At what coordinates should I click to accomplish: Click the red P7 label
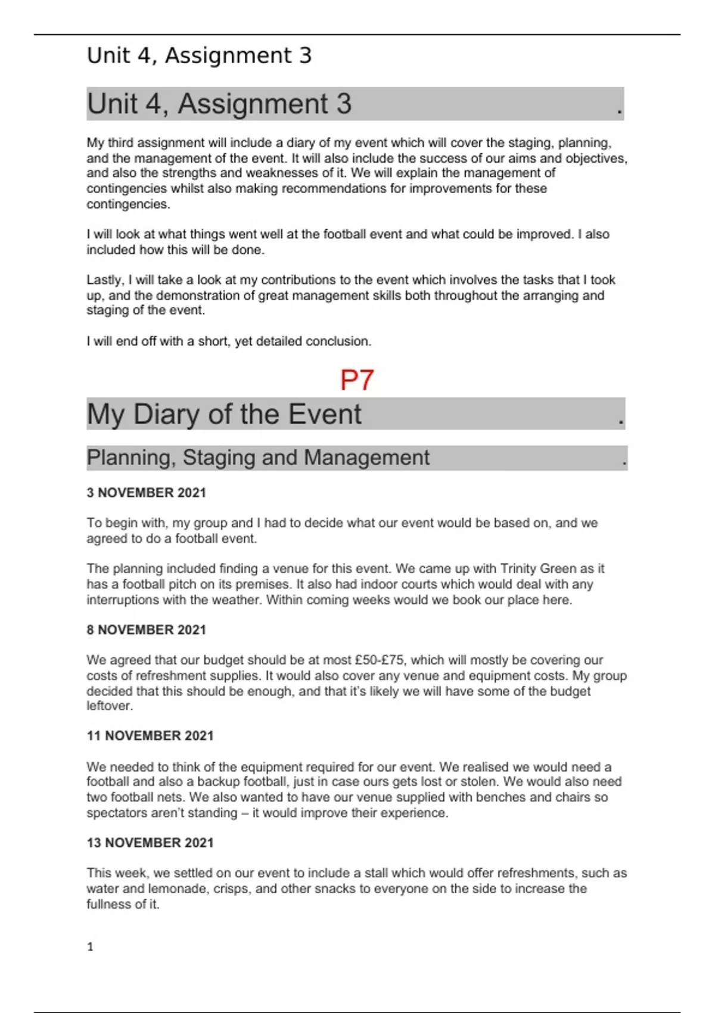pyautogui.click(x=356, y=380)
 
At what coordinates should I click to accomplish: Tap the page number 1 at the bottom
pyautogui.click(x=90, y=947)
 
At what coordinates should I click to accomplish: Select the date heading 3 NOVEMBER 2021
pyautogui.click(x=146, y=493)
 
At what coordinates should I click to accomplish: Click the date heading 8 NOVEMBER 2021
pyautogui.click(x=146, y=630)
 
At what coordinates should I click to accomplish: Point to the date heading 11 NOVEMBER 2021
pyautogui.click(x=150, y=736)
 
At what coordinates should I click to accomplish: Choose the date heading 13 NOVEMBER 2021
pyautogui.click(x=150, y=843)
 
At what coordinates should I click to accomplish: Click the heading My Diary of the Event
pyautogui.click(x=224, y=414)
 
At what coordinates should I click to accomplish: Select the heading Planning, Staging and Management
pyautogui.click(x=257, y=458)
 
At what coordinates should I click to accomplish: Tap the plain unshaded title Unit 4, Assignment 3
pyautogui.click(x=199, y=55)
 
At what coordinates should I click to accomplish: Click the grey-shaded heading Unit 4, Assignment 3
pyautogui.click(x=219, y=104)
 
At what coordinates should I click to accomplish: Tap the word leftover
pyautogui.click(x=109, y=706)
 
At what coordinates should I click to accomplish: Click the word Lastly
pyautogui.click(x=105, y=280)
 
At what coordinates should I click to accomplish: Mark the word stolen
pyautogui.click(x=482, y=782)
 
